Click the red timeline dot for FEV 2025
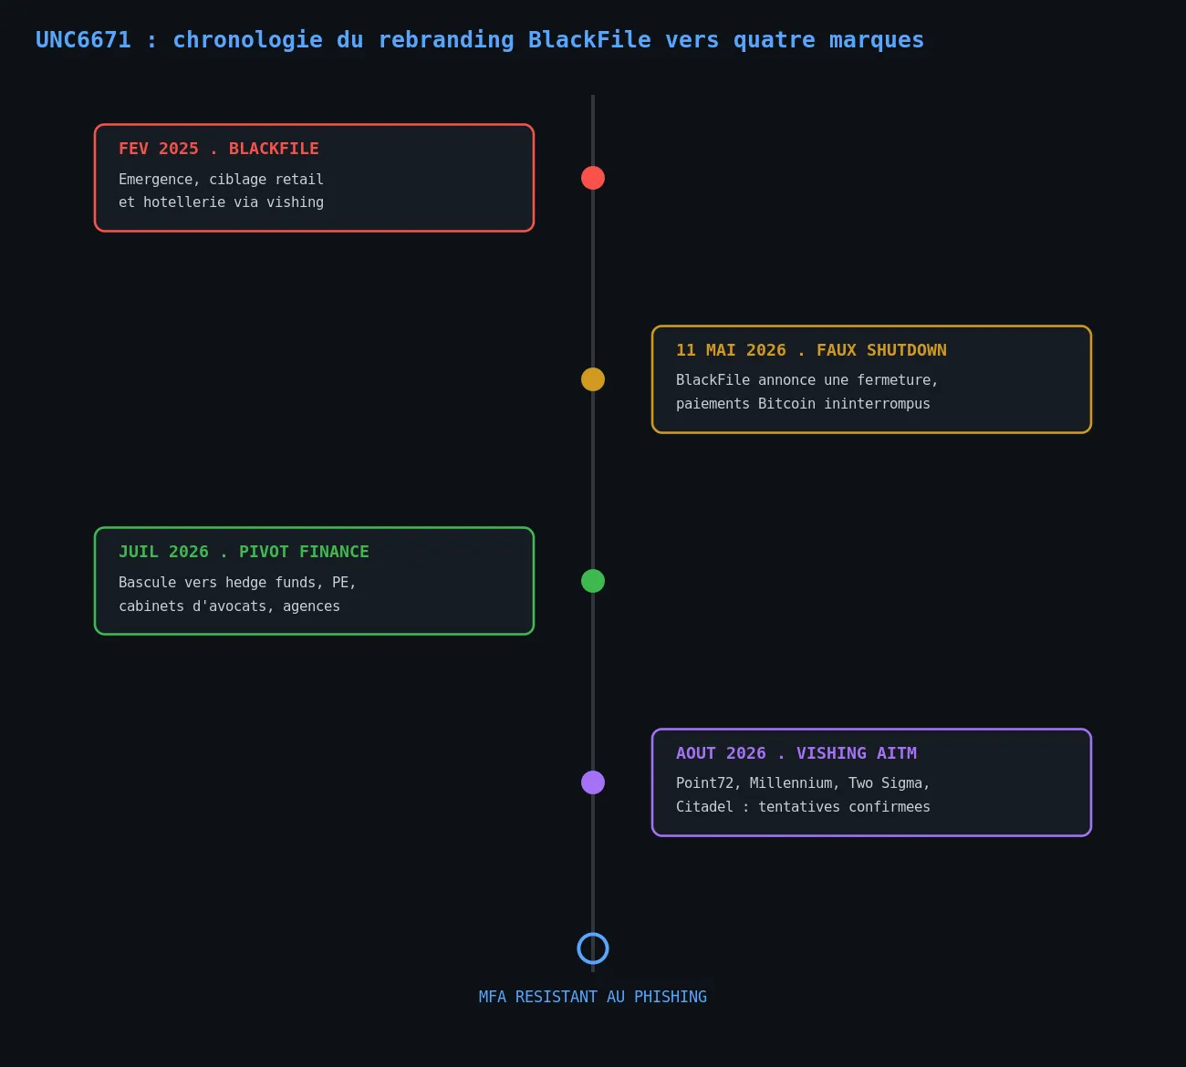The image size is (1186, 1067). tap(592, 178)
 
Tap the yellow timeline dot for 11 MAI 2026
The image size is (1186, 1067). tap(592, 379)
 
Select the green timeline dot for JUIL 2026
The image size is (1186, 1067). tap(592, 581)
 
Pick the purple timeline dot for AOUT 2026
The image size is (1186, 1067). tap(592, 782)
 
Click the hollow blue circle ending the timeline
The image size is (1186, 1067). tap(592, 934)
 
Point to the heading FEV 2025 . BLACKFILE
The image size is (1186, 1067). tap(219, 149)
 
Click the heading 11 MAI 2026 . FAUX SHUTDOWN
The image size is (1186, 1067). tap(811, 350)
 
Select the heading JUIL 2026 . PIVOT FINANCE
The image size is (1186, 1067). tap(244, 552)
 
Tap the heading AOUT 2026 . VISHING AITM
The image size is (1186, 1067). tap(796, 753)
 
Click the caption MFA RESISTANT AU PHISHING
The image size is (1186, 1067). tap(592, 998)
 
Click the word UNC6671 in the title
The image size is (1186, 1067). tap(83, 40)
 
